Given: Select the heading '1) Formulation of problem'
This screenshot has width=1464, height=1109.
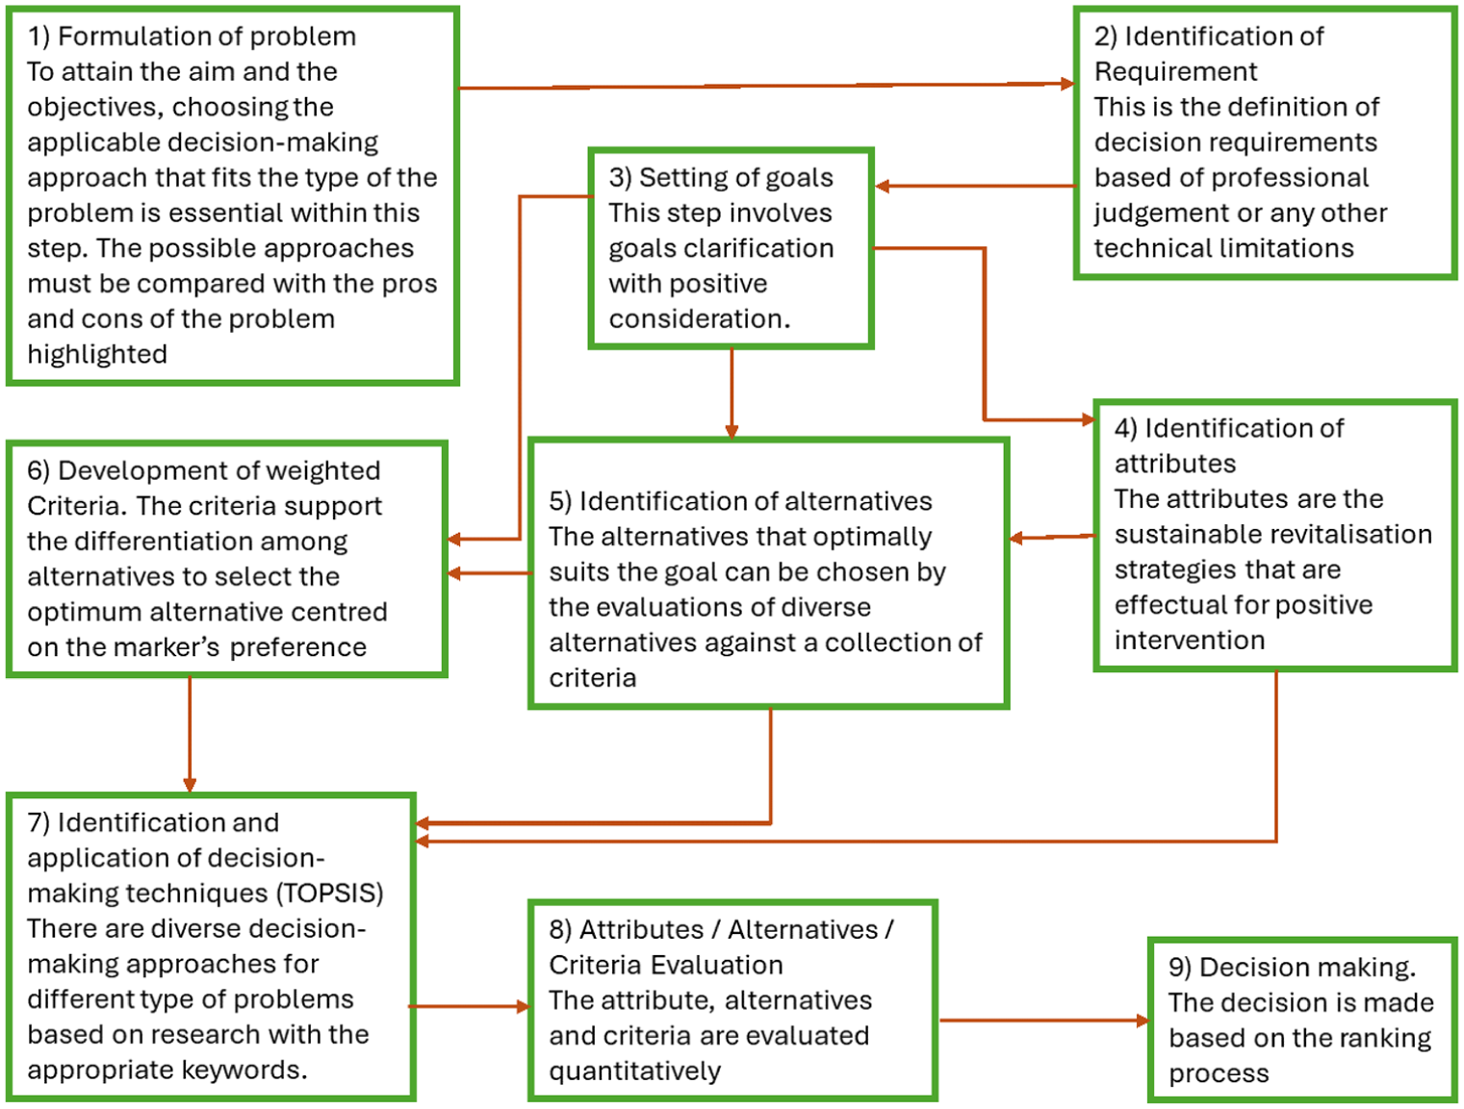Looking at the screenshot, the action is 193,37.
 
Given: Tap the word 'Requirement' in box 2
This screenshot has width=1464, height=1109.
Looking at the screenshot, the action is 1176,72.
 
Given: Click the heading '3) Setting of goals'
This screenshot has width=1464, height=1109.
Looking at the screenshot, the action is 721,178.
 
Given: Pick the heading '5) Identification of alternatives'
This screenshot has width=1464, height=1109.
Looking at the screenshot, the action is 740,501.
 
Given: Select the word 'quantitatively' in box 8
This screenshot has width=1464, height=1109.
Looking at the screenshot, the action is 635,1071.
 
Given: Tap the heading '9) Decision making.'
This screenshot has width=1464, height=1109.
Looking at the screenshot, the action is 1293,968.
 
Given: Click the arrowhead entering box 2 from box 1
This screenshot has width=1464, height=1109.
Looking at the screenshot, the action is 1067,84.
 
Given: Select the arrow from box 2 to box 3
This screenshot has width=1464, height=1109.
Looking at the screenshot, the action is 975,186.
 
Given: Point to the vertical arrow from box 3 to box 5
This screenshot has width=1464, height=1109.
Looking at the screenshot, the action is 732,393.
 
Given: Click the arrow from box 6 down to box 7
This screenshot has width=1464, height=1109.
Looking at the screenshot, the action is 190,734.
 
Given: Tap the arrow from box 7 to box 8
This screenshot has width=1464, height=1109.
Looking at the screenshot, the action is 470,1006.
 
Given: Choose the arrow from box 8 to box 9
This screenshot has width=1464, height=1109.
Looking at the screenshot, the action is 1044,1021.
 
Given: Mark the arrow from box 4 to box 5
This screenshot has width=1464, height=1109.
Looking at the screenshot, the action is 1052,537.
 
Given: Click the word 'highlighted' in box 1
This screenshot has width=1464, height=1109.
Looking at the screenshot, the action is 97,355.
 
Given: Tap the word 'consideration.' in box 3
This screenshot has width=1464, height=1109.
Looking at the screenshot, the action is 700,319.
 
